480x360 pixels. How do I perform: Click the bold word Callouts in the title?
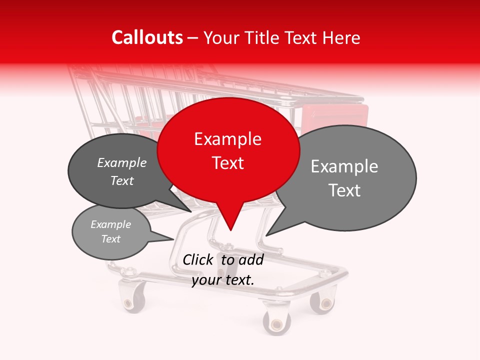[x=147, y=37]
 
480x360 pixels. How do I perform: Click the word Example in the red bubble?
[x=227, y=139]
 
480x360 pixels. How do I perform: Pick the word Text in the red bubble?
[x=228, y=163]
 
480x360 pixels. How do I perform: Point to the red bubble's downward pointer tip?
[x=230, y=230]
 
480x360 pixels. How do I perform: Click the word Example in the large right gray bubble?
[x=344, y=166]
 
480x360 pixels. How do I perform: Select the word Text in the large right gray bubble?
[x=345, y=190]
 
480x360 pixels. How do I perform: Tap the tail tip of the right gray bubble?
[x=266, y=235]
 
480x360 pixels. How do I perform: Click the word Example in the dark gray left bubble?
[x=121, y=163]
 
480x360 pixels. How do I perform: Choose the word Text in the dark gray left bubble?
[x=122, y=180]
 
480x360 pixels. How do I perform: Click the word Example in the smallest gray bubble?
[x=110, y=224]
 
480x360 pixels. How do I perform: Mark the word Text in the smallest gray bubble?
[x=111, y=239]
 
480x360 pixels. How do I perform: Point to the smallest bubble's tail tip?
[x=173, y=239]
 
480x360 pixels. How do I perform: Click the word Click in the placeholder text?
[x=199, y=259]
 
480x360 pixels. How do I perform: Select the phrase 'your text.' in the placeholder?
[x=223, y=280]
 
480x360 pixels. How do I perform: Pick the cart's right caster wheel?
[x=323, y=303]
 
